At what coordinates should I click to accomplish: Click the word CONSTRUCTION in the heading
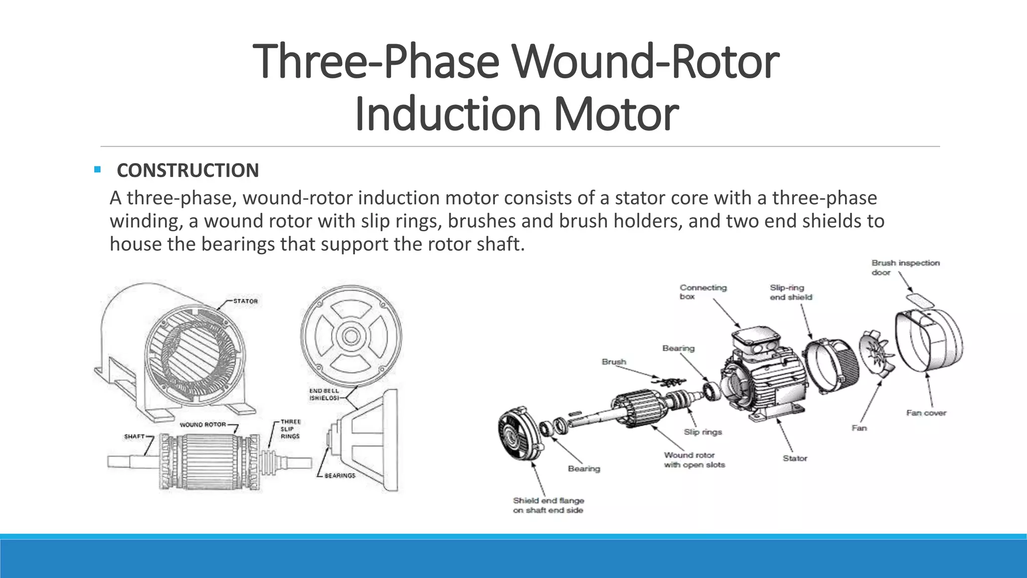(x=188, y=171)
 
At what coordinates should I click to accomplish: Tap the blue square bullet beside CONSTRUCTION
(x=97, y=170)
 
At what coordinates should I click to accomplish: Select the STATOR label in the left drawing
(x=245, y=301)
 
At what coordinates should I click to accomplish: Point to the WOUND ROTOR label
(x=203, y=424)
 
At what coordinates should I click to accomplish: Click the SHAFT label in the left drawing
(x=134, y=437)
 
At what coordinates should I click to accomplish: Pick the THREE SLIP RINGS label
(x=290, y=429)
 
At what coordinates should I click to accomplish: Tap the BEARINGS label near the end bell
(x=339, y=475)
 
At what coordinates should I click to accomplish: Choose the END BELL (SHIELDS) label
(x=324, y=394)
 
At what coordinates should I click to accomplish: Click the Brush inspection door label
(x=905, y=267)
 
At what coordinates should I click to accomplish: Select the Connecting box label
(x=703, y=292)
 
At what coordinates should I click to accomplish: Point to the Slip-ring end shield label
(x=790, y=292)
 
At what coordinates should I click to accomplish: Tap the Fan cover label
(x=926, y=413)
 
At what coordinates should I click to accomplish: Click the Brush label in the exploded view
(x=614, y=362)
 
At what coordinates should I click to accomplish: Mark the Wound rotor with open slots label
(x=694, y=460)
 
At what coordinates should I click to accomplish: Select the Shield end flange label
(x=548, y=505)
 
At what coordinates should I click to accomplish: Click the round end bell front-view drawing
(x=351, y=336)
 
